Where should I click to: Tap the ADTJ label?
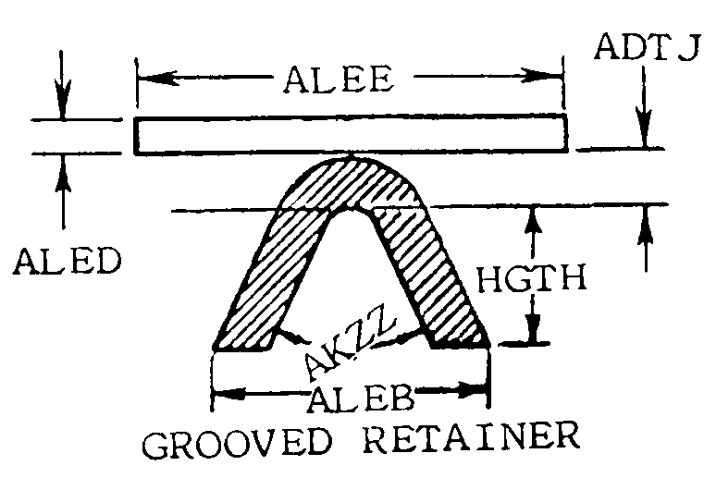click(646, 49)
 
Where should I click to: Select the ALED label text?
click(67, 264)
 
